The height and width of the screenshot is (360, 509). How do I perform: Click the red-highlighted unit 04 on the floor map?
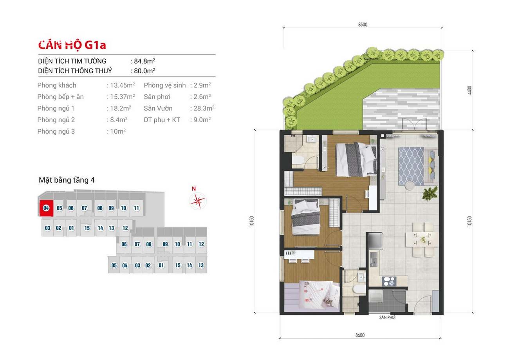[x=46, y=208]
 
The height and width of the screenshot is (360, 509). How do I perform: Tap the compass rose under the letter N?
[x=198, y=201]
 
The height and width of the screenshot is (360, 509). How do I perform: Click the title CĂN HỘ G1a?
[x=72, y=45]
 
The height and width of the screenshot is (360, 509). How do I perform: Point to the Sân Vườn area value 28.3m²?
[x=204, y=108]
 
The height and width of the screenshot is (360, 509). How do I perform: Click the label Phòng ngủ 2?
[x=56, y=120]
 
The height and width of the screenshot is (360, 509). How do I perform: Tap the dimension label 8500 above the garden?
[x=363, y=25]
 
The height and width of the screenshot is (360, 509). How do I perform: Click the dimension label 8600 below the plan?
[x=360, y=335]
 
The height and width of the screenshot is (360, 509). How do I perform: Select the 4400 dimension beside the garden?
[x=469, y=90]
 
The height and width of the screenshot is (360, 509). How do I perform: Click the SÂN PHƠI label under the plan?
[x=387, y=317]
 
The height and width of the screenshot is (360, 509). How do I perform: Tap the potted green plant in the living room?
[x=430, y=193]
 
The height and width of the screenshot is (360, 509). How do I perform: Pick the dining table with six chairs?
[x=422, y=240]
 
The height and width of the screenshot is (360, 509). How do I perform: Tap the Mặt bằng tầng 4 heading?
[x=67, y=180]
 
